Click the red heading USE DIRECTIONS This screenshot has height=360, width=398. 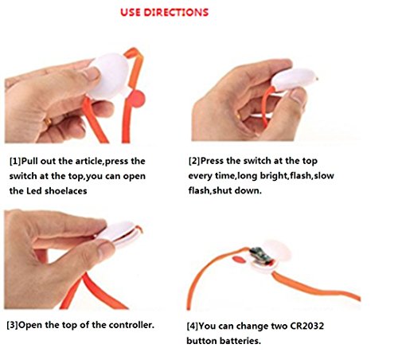click(x=164, y=13)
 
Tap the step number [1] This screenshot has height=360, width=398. click(x=15, y=161)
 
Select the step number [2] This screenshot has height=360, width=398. click(x=194, y=161)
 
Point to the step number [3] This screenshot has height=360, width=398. click(x=12, y=325)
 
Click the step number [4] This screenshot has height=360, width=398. click(x=193, y=326)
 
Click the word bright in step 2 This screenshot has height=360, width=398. click(x=274, y=176)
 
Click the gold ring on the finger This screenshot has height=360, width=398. click(x=48, y=122)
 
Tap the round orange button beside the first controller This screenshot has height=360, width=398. click(x=138, y=99)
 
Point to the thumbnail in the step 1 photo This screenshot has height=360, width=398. click(x=91, y=74)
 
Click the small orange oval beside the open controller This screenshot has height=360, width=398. click(x=239, y=259)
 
